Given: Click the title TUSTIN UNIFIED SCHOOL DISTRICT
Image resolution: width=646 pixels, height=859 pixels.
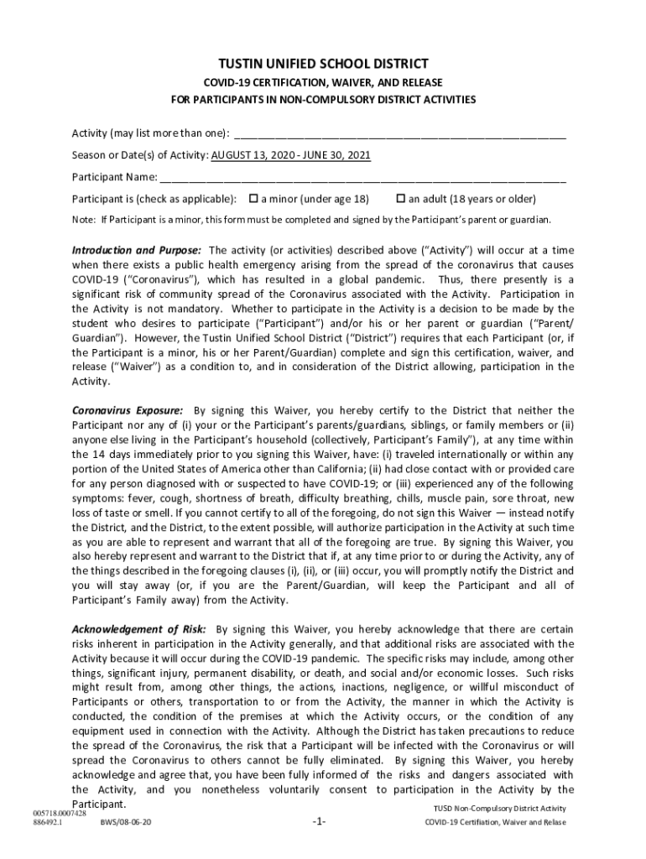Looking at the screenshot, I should pyautogui.click(x=323, y=64).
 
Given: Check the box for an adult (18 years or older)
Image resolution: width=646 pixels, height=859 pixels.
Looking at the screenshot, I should pyautogui.click(x=401, y=199).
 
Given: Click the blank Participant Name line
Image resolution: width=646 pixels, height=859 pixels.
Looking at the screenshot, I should pyautogui.click(x=362, y=177).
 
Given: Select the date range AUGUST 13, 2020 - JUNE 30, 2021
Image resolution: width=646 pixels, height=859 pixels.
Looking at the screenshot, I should pyautogui.click(x=290, y=155).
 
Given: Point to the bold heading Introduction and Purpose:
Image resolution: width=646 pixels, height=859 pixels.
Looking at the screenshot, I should pyautogui.click(x=136, y=251).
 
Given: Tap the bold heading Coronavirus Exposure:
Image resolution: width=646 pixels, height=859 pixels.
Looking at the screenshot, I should pyautogui.click(x=127, y=410).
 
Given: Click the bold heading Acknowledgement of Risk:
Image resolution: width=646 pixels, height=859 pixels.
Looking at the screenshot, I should pyautogui.click(x=139, y=629).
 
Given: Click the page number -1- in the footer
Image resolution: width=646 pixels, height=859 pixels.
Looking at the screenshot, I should pyautogui.click(x=318, y=821).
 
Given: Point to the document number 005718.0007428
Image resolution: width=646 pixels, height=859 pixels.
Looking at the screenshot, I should pyautogui.click(x=60, y=813).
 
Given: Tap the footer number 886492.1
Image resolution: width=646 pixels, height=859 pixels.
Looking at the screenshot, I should pyautogui.click(x=49, y=822).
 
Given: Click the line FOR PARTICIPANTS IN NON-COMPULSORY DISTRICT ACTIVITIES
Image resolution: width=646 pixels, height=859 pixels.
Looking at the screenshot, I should pyautogui.click(x=323, y=100).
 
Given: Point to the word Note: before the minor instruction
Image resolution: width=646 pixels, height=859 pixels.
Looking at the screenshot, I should pyautogui.click(x=83, y=220).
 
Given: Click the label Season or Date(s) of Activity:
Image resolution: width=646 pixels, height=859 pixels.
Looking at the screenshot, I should pyautogui.click(x=140, y=155).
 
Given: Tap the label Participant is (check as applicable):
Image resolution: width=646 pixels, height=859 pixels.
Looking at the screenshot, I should pyautogui.click(x=154, y=199).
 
